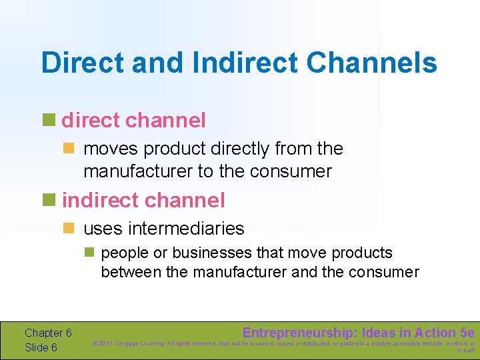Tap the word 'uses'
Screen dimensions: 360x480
coord(102,229)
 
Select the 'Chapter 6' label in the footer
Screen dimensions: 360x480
coord(48,333)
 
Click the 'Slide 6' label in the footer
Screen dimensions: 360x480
coord(41,347)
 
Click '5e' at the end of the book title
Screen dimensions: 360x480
coord(467,332)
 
